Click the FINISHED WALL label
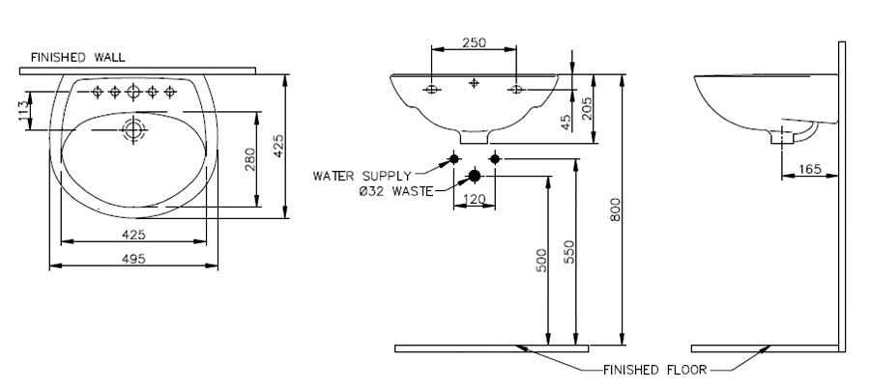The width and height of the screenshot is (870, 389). pos(77,57)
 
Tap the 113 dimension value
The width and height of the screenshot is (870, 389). pos(23,110)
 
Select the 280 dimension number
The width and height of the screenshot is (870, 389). pos(250,159)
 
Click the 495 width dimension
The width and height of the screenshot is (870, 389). pos(133,259)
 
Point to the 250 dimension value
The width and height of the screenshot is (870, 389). pos(474,42)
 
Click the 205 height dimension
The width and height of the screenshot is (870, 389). pos(587,108)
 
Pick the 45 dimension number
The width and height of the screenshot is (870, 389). pos(565,122)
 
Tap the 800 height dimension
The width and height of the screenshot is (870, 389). pos(615,209)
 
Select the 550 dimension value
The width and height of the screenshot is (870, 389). pos(569,251)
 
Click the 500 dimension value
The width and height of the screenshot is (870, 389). pos(542,260)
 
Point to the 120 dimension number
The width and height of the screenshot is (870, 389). pos(474,199)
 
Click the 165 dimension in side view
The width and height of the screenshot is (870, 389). pos(809,169)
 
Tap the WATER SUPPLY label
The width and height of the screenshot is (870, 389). pos(362,177)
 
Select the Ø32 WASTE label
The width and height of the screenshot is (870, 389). pos(395,192)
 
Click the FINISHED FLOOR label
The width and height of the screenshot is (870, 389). pos(654,370)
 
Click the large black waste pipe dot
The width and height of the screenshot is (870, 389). pos(475,176)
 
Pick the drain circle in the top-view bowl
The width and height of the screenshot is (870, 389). pos(132,130)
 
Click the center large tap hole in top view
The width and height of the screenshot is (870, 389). pos(133,92)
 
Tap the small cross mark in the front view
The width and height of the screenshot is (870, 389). pos(474,83)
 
